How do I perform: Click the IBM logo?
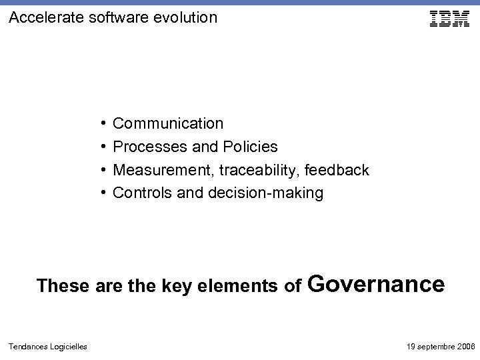coord(449,19)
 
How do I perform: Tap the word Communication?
coord(168,123)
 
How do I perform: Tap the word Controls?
coord(139,193)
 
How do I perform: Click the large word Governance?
coord(377,284)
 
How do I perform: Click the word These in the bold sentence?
coord(64,286)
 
